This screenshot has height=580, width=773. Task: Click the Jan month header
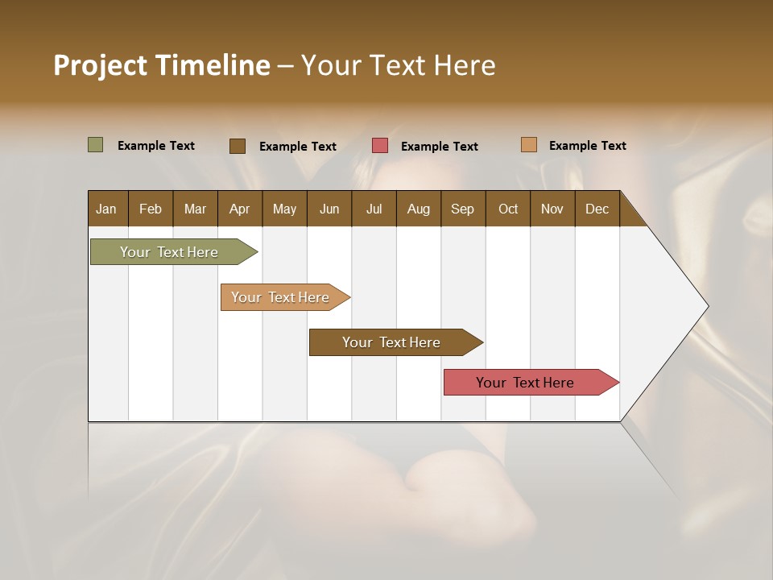point(107,209)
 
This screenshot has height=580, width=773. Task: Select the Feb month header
point(151,209)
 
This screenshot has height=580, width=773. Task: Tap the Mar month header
point(195,209)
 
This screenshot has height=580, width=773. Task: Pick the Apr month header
point(240,209)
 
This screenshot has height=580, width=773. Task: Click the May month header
point(284,209)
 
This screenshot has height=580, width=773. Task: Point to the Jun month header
point(329,209)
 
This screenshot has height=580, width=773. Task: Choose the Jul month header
point(374,209)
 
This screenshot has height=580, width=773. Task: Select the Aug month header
point(419,209)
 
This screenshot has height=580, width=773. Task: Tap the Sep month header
point(463,209)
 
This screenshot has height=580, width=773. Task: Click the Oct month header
point(508,209)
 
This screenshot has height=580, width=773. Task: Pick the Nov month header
point(552,209)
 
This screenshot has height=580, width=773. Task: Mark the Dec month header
point(597,209)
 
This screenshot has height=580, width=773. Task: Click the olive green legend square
point(96,145)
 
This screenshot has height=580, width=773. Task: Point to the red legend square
point(380,146)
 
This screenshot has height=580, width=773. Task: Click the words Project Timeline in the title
point(162,65)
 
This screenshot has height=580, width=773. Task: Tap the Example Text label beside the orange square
point(587,146)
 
